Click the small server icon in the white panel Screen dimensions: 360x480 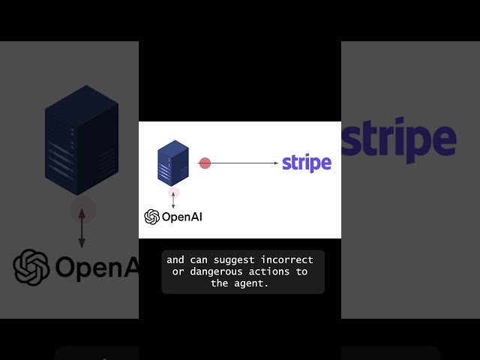(x=172, y=162)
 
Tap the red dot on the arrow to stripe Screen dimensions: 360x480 (x=205, y=163)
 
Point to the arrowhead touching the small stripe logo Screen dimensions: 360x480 (x=276, y=163)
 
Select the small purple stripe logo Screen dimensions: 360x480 (x=307, y=163)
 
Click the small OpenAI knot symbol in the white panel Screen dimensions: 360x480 (x=152, y=217)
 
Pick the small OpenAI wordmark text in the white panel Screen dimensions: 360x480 (x=182, y=217)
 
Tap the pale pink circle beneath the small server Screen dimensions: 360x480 (x=173, y=193)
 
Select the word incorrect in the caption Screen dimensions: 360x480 (x=288, y=260)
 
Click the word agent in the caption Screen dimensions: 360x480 (x=252, y=283)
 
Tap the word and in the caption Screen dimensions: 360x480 (x=175, y=260)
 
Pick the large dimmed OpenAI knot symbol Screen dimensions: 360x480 (x=31, y=267)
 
